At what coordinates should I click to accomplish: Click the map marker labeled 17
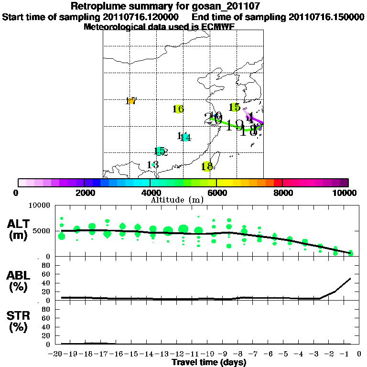(x=131, y=101)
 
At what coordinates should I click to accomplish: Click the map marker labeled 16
(x=178, y=109)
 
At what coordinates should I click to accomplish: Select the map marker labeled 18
(x=207, y=166)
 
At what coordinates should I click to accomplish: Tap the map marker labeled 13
(x=153, y=165)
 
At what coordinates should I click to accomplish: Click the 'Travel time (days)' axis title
(x=209, y=363)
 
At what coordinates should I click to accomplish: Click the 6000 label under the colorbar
(x=216, y=193)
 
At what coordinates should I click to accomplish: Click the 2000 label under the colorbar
(x=84, y=193)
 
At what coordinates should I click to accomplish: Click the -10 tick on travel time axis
(x=209, y=354)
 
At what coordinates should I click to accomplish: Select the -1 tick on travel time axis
(x=346, y=354)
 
